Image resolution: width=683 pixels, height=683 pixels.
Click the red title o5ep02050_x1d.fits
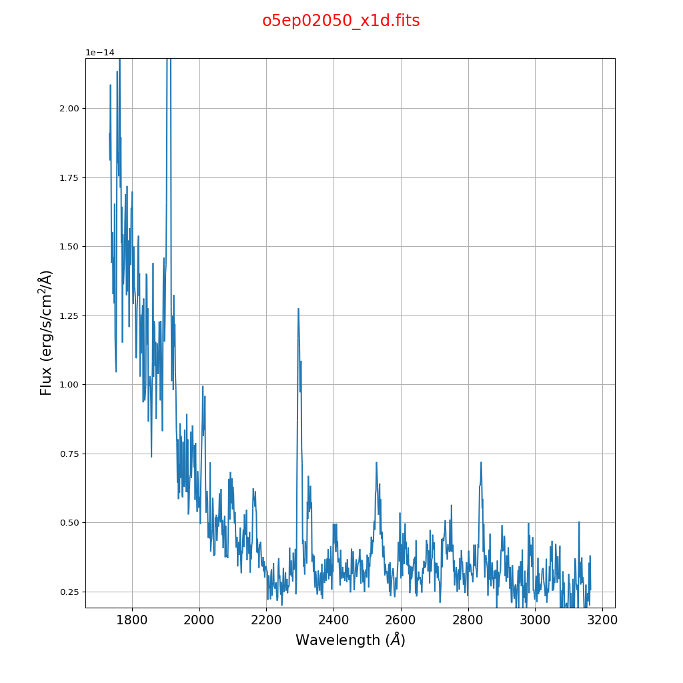tap(341, 21)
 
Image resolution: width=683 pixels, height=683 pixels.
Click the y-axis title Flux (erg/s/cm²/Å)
tap(46, 332)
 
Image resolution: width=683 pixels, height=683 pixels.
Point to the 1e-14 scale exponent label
tap(100, 53)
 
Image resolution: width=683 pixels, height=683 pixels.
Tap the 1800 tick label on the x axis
tap(132, 620)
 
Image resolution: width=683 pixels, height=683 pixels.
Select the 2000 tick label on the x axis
tap(199, 620)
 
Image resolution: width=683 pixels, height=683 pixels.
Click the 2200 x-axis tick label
tap(266, 620)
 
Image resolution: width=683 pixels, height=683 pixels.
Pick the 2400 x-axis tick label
tap(333, 620)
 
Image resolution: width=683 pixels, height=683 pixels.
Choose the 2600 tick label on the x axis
tap(401, 620)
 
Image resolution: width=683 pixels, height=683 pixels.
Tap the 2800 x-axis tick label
tap(468, 620)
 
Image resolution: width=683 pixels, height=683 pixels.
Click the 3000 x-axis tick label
tap(535, 620)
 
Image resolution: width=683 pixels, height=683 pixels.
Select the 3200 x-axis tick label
tap(602, 620)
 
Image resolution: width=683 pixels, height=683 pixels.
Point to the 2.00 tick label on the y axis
tap(69, 109)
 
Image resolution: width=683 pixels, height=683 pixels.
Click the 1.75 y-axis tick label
tap(69, 177)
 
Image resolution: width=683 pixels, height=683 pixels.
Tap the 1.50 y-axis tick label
tap(69, 247)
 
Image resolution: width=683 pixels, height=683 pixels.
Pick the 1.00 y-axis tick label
tap(69, 385)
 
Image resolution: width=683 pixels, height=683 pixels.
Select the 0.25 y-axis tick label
tap(69, 592)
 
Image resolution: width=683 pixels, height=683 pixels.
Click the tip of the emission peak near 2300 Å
tap(298, 308)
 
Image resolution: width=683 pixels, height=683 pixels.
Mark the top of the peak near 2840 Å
tap(481, 462)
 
